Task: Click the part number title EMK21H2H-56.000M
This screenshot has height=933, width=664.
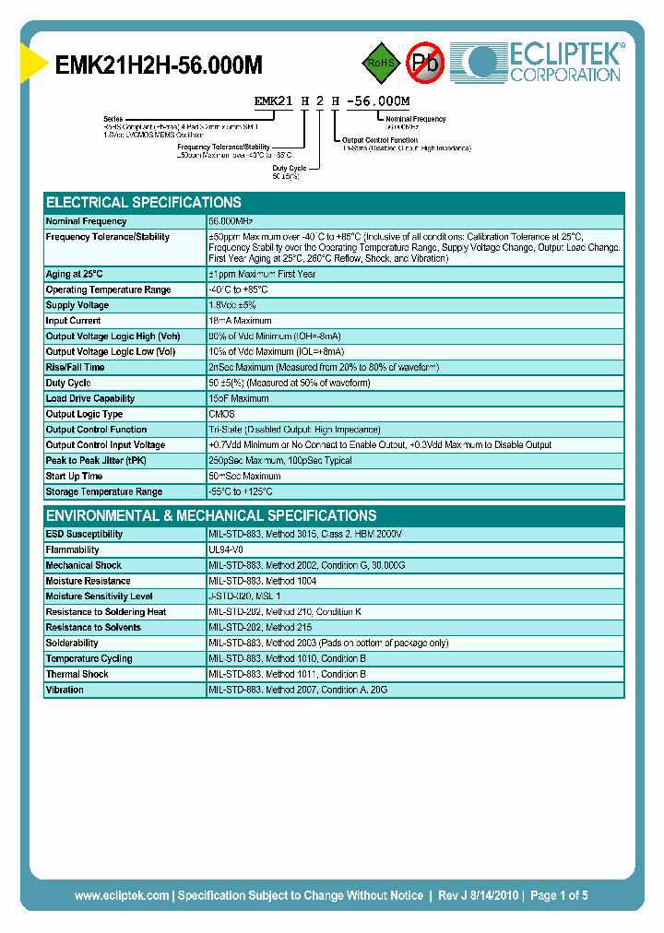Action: click(160, 65)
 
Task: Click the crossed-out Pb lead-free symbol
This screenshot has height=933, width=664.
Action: click(425, 63)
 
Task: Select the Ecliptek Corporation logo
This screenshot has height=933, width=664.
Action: click(544, 63)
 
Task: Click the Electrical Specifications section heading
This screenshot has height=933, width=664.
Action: click(144, 203)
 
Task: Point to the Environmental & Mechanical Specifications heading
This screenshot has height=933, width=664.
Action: click(211, 516)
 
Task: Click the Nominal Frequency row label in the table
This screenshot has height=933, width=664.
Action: click(86, 222)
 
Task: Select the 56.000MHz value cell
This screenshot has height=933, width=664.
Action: click(231, 222)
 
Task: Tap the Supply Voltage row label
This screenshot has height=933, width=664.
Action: click(77, 305)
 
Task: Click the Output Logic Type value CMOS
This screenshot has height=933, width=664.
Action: click(221, 414)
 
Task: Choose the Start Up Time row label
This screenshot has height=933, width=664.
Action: click(74, 477)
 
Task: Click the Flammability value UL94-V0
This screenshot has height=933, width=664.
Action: click(227, 550)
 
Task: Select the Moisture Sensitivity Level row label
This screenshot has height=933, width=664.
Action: click(99, 596)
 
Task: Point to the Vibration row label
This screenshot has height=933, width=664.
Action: click(65, 690)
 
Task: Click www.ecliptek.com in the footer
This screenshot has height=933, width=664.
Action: click(122, 895)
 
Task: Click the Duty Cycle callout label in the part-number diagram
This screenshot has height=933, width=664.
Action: click(289, 168)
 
